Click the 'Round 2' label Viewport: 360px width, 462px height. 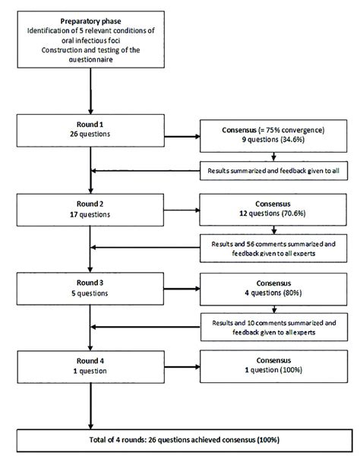(x=91, y=205)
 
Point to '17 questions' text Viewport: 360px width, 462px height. (x=91, y=215)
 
